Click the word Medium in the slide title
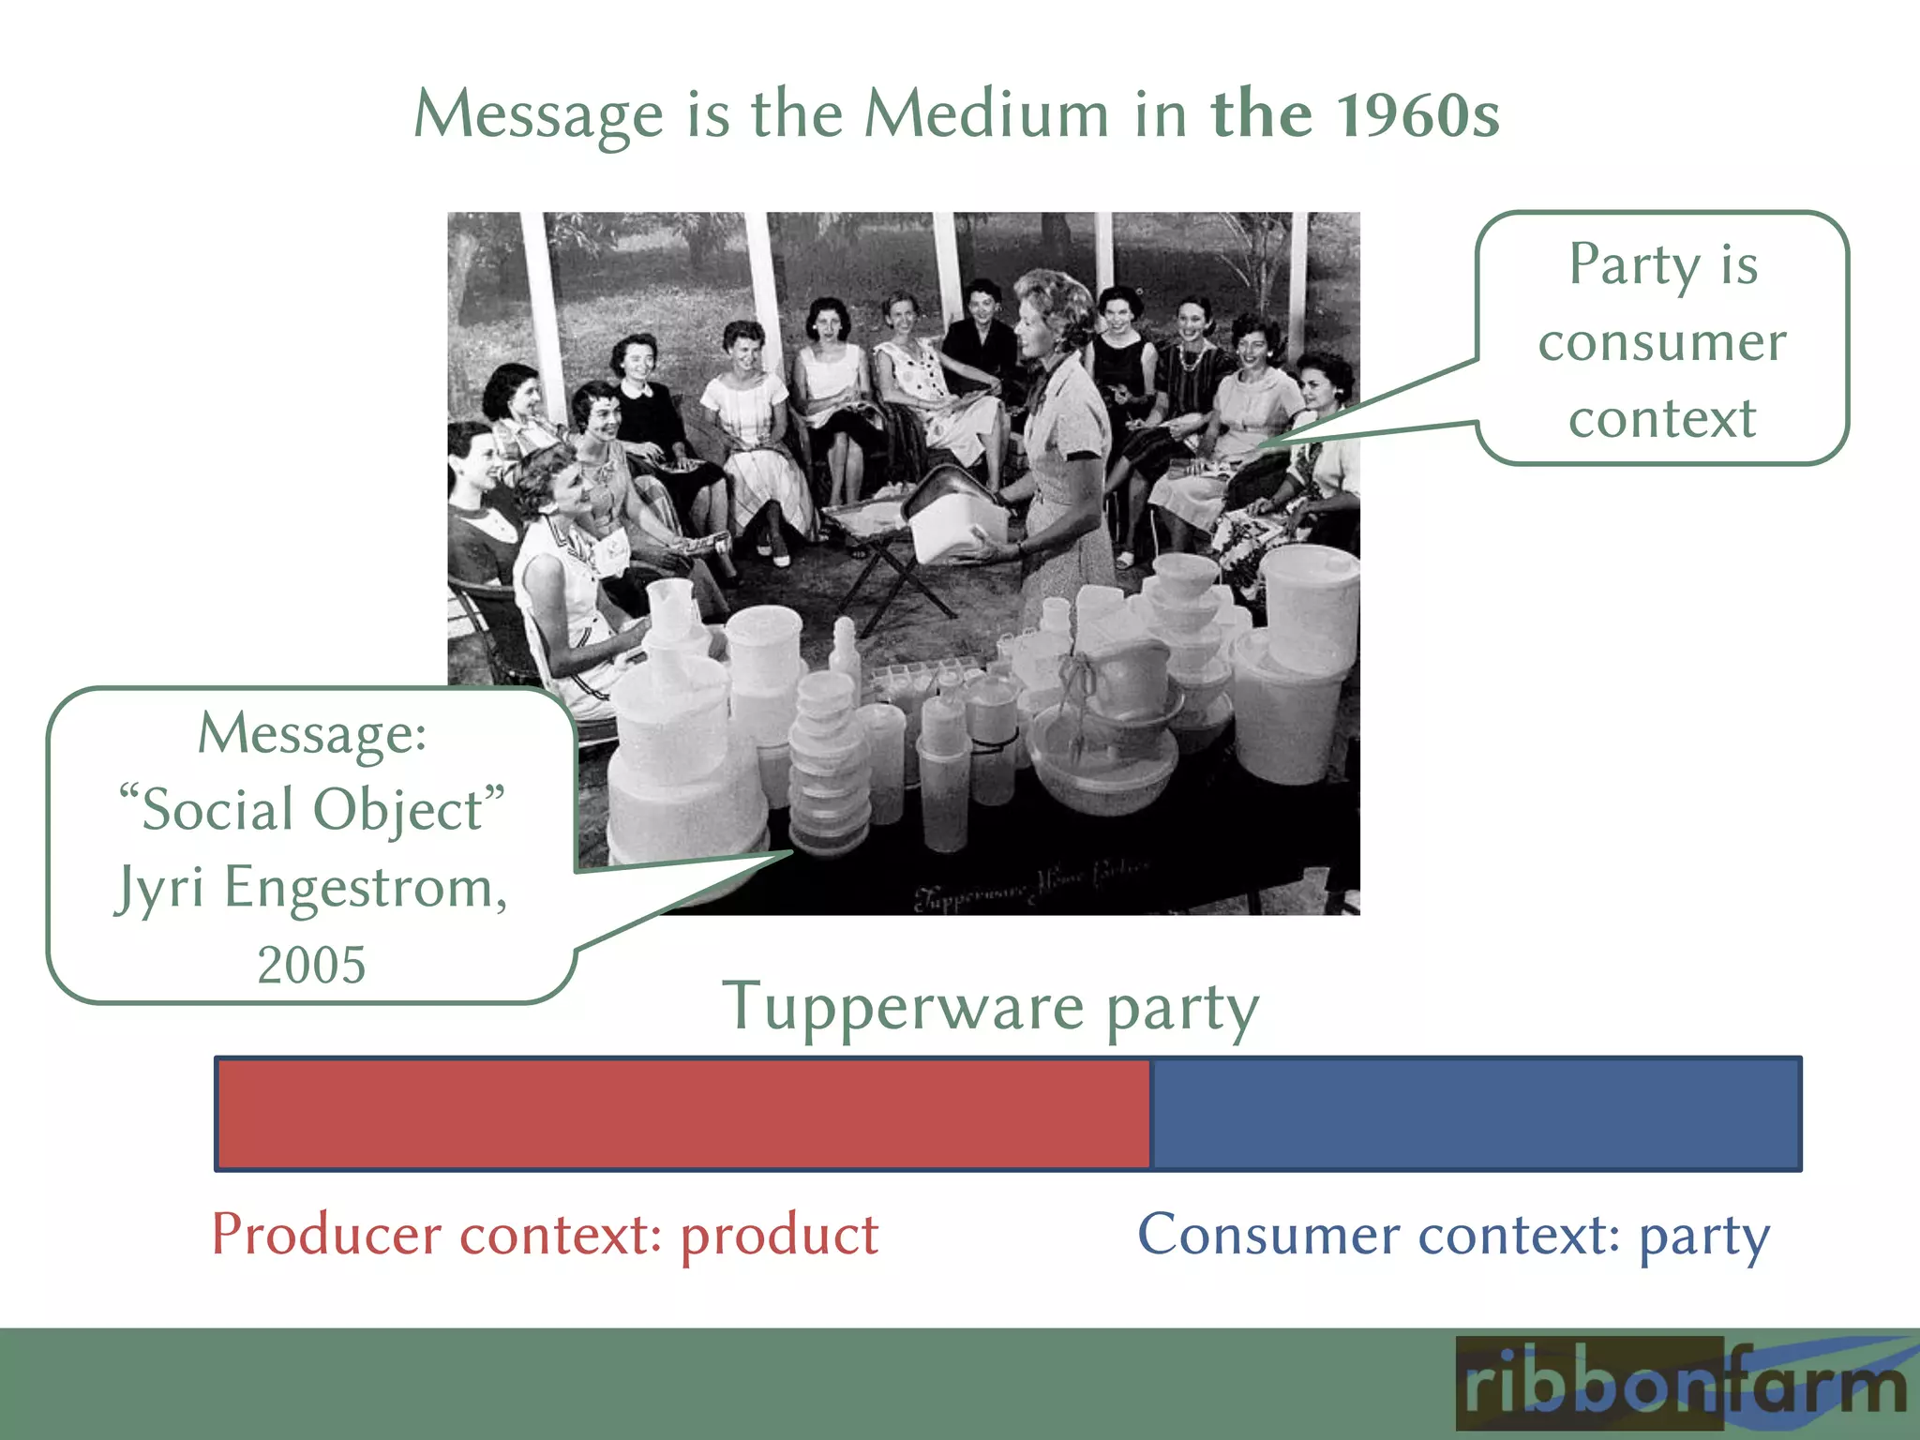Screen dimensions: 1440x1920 click(x=986, y=114)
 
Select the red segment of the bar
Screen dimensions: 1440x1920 click(x=682, y=1114)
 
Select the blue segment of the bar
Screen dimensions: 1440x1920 click(x=1475, y=1114)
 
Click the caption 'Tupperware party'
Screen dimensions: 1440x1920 click(x=990, y=1008)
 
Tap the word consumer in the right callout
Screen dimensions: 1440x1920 click(x=1662, y=341)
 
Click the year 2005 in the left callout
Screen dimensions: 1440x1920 click(x=311, y=965)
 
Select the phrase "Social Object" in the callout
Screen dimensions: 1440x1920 click(x=311, y=809)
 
